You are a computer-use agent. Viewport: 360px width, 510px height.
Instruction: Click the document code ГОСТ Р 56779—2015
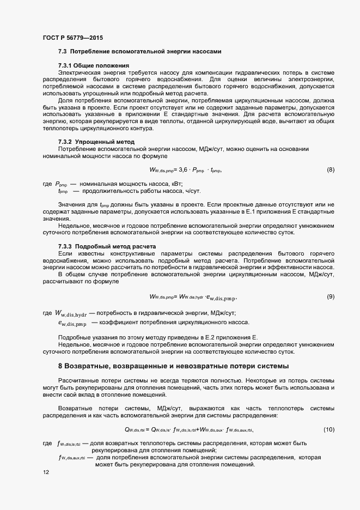(x=72, y=38)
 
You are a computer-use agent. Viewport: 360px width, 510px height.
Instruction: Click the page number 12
(x=45, y=472)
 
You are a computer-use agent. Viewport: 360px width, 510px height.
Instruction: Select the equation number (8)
(x=330, y=170)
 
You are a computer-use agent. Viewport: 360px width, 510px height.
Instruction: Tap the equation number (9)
(x=330, y=296)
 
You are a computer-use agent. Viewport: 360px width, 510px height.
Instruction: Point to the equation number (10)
(x=328, y=430)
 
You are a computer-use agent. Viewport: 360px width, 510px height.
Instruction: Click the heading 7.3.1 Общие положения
(x=93, y=65)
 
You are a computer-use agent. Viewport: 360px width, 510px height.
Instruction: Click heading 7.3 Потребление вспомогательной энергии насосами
(x=139, y=52)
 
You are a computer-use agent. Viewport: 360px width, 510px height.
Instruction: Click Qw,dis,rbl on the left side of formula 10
(x=134, y=430)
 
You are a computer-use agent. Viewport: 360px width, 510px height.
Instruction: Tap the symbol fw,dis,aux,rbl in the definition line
(x=72, y=458)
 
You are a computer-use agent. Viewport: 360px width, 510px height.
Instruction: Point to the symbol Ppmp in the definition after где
(x=61, y=185)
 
